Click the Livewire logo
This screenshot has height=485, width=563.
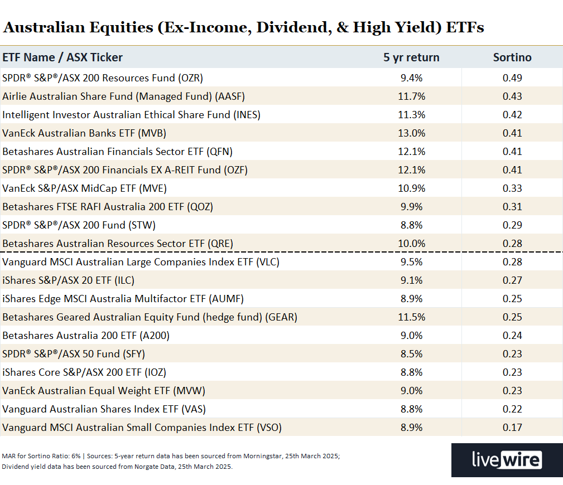(x=507, y=460)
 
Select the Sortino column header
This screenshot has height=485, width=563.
(x=512, y=57)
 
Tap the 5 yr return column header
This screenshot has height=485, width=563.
(x=411, y=57)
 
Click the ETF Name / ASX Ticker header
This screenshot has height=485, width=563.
(x=62, y=57)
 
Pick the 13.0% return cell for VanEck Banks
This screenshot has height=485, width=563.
(x=412, y=133)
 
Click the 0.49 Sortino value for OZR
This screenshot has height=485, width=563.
(x=512, y=78)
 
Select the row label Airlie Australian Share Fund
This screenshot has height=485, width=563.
(x=124, y=96)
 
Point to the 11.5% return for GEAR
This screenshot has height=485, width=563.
(x=412, y=317)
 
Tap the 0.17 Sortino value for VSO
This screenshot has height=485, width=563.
(x=512, y=428)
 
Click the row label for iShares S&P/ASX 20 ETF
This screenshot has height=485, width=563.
(x=68, y=280)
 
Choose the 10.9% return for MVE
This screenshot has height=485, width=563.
(x=412, y=188)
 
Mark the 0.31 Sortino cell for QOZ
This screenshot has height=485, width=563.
(x=512, y=207)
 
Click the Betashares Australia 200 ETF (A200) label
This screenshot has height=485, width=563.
(x=86, y=336)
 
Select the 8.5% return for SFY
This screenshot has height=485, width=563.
(x=412, y=354)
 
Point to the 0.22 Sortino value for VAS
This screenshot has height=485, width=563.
(x=512, y=409)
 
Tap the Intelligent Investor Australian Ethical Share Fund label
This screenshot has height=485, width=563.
(x=131, y=115)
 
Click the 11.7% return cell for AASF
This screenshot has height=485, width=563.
(x=412, y=96)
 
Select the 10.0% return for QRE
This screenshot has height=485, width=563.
(x=412, y=244)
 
